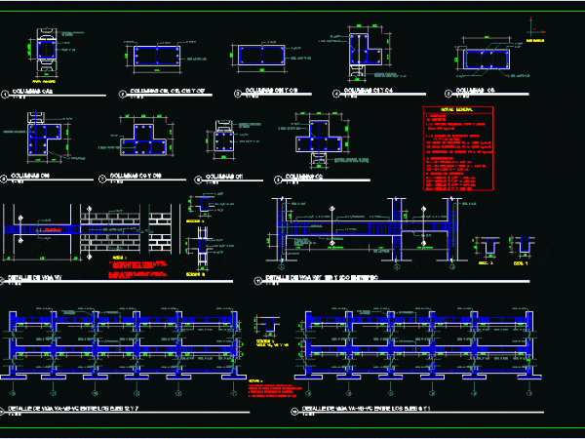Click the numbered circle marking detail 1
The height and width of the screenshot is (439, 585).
5,95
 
